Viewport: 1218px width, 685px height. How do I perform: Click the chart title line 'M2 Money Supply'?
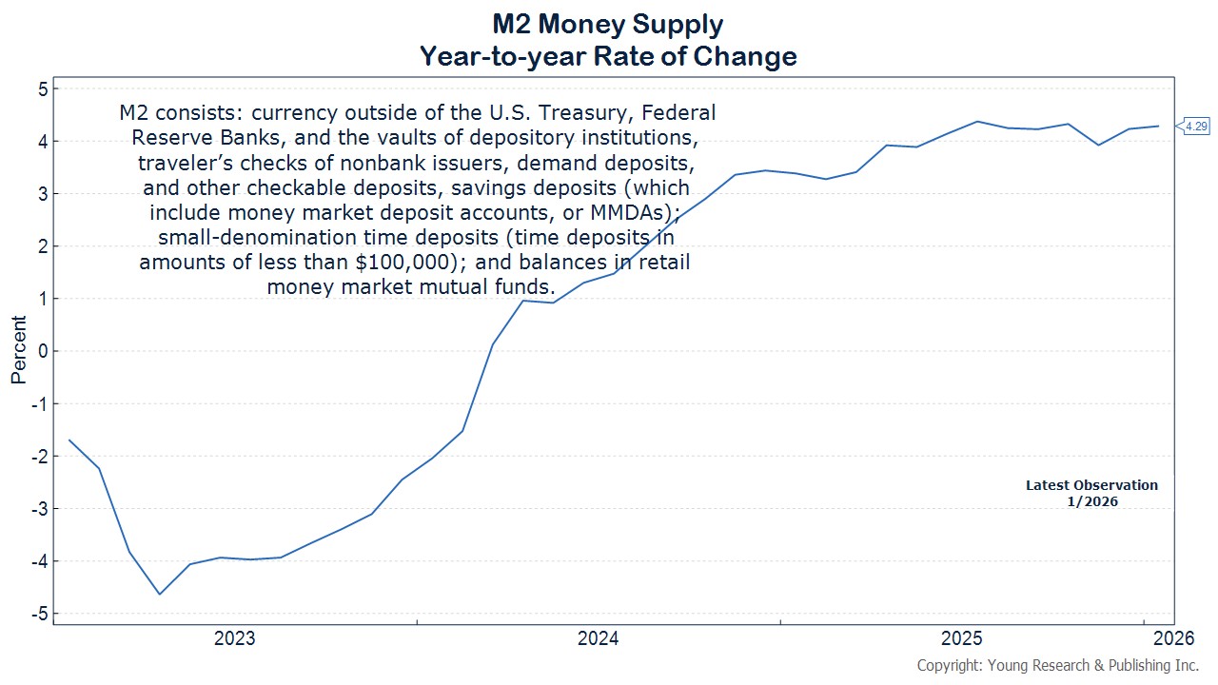pyautogui.click(x=608, y=24)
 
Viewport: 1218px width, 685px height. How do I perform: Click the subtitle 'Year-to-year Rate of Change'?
pyautogui.click(x=608, y=56)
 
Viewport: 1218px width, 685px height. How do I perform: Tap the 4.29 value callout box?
pyautogui.click(x=1196, y=126)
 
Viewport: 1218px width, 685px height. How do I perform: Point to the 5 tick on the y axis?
pyautogui.click(x=41, y=89)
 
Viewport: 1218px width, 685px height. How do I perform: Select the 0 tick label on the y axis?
pyautogui.click(x=41, y=351)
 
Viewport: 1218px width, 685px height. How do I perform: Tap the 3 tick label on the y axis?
pyautogui.click(x=41, y=194)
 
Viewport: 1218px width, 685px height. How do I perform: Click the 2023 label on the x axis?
pyautogui.click(x=234, y=638)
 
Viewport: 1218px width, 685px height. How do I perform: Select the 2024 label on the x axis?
pyautogui.click(x=598, y=638)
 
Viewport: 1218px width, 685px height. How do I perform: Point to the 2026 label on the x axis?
pyautogui.click(x=1170, y=638)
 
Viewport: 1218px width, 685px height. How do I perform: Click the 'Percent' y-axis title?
pyautogui.click(x=18, y=351)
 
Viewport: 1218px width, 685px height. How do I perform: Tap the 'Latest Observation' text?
pyautogui.click(x=1091, y=485)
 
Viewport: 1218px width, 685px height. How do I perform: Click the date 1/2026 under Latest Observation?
pyautogui.click(x=1092, y=501)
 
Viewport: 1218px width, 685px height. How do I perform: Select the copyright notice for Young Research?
pyautogui.click(x=1057, y=665)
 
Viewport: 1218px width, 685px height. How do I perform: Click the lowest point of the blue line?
pyautogui.click(x=160, y=595)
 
